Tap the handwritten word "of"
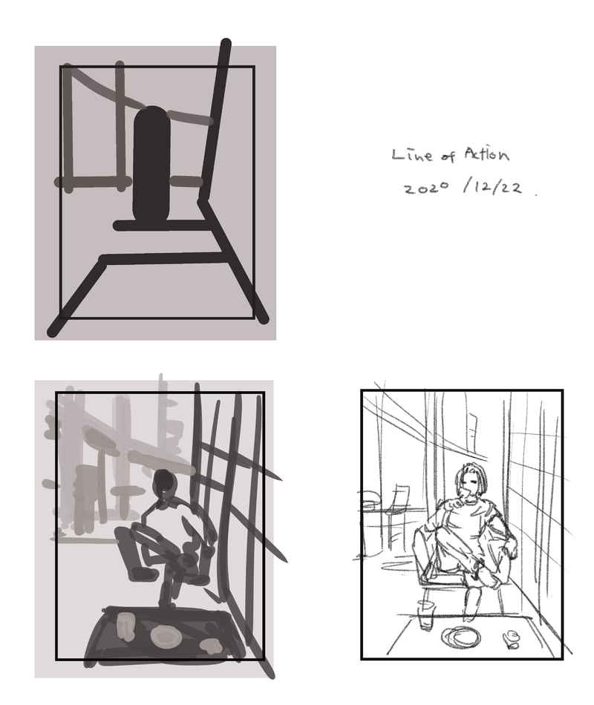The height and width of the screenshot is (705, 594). click(448, 156)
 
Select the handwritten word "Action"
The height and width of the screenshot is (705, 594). click(486, 154)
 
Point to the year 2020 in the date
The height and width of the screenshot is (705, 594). click(426, 188)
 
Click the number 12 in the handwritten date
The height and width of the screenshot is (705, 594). click(481, 186)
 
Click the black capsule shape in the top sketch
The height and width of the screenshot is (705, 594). click(151, 165)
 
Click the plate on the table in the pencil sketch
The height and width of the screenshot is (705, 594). click(461, 637)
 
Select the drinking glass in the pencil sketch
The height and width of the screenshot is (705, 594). click(425, 614)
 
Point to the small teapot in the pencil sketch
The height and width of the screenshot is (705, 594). click(511, 640)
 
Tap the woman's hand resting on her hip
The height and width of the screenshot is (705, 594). click(512, 548)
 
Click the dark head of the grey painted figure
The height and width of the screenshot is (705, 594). click(165, 482)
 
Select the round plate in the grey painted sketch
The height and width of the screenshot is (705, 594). click(166, 636)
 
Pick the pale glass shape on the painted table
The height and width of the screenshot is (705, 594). click(125, 626)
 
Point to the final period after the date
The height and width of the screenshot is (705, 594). click(535, 194)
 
